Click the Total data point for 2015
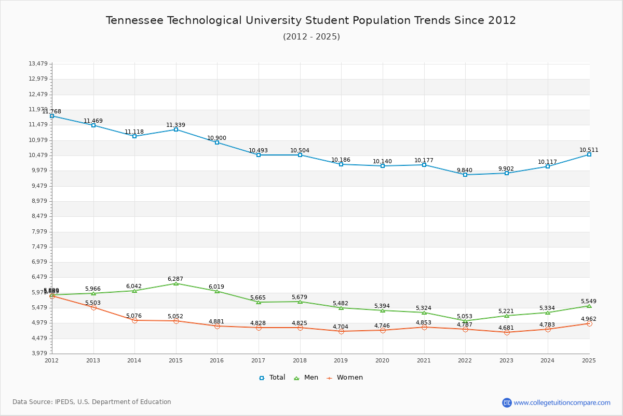176,129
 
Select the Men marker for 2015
176,283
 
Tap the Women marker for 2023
507,332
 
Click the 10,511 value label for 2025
589,150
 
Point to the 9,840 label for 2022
464,170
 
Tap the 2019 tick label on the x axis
341,360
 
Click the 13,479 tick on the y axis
38,63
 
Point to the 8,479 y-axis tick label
38,216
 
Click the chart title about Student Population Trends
311,20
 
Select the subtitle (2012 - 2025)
311,36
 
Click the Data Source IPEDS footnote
92,402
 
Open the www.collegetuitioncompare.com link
562,402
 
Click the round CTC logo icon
507,402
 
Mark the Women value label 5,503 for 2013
93,303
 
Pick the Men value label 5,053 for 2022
464,316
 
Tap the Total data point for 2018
300,155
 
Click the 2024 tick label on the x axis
548,360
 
